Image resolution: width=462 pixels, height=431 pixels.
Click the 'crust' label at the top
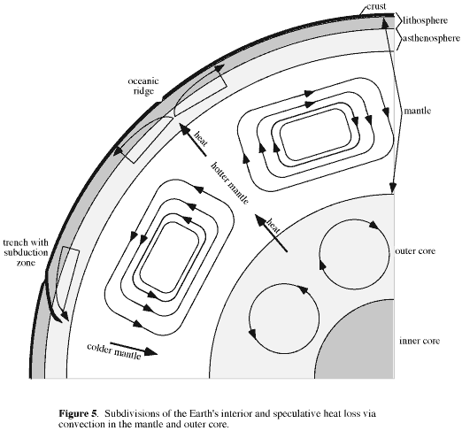[x=376, y=6]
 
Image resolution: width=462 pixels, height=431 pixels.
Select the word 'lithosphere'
[x=425, y=20]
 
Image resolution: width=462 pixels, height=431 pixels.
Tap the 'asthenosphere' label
[x=431, y=38]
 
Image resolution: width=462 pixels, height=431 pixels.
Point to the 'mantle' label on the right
[x=417, y=111]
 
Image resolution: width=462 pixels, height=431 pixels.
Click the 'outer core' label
[x=415, y=251]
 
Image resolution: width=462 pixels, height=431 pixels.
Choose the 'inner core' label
[x=420, y=341]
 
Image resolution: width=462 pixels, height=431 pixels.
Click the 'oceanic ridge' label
[x=143, y=86]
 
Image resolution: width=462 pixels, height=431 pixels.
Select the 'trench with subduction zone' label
[x=26, y=252]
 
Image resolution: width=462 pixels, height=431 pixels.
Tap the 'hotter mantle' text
[x=230, y=183]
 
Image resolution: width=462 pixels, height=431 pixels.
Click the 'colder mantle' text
[x=113, y=351]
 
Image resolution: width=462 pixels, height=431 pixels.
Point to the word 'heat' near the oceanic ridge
[x=201, y=138]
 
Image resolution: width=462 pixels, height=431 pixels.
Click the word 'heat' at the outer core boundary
[x=273, y=226]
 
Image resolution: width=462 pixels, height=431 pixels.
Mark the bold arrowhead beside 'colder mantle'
[x=150, y=351]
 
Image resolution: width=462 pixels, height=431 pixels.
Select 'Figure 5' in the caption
[x=78, y=413]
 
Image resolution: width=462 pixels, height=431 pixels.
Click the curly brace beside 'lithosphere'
[x=398, y=20]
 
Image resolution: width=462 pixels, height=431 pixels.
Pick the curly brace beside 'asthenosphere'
[x=398, y=39]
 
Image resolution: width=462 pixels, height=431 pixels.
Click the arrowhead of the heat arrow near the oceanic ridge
[x=184, y=129]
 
